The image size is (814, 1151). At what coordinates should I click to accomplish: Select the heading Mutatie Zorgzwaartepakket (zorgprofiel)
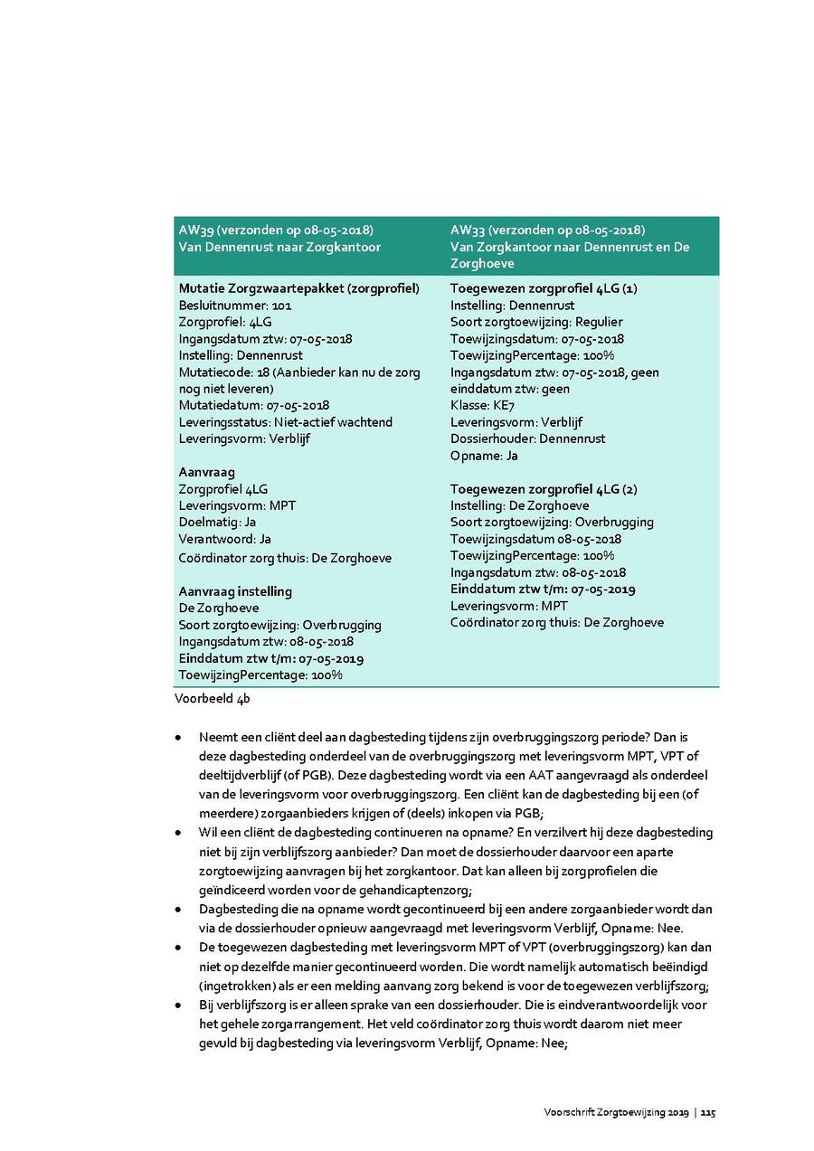coord(298,288)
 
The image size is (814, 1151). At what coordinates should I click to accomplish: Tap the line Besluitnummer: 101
coord(235,306)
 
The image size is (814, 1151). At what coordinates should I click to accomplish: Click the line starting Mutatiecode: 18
coord(299,373)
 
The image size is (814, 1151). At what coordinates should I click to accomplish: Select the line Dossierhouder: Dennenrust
coord(527,439)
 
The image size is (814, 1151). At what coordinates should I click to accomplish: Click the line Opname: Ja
coord(484,456)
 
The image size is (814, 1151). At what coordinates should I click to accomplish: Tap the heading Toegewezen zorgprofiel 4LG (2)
coord(544,489)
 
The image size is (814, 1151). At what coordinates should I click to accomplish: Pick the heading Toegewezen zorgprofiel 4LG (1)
coord(544,288)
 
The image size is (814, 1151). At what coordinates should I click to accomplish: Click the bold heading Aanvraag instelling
coord(235,591)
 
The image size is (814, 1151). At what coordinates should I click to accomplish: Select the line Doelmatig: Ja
coord(217,523)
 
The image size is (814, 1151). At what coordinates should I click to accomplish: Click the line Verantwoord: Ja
coord(225,540)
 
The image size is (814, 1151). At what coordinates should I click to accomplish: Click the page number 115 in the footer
coord(707,1112)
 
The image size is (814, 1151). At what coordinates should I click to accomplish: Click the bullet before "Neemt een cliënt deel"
coord(179,738)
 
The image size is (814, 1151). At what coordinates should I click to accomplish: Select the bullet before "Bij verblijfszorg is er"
coord(179,1005)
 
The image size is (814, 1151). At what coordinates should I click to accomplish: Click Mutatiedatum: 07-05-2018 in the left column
coord(253,406)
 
